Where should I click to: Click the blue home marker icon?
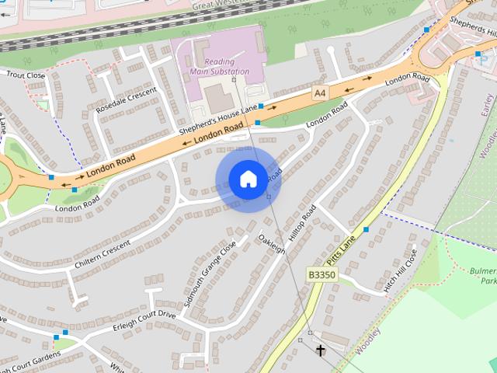pos(248,180)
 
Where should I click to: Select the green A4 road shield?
pos(319,92)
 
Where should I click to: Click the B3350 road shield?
pos(321,275)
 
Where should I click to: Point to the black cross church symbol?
pos(320,351)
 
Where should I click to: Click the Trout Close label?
pos(26,75)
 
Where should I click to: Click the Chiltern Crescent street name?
pos(103,254)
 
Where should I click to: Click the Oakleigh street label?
pos(272,243)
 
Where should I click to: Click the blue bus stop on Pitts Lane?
pos(366,229)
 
